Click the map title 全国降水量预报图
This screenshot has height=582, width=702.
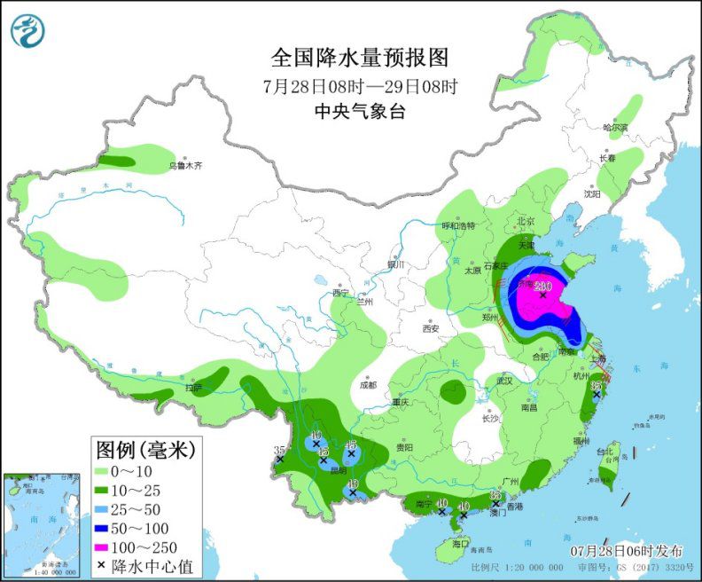[360, 58]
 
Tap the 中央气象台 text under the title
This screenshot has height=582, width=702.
[360, 111]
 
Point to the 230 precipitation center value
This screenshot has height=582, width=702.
[542, 287]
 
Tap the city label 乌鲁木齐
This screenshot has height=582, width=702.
[185, 166]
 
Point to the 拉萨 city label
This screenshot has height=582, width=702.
[194, 388]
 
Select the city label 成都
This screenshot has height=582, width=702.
[369, 385]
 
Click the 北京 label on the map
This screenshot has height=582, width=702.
[526, 221]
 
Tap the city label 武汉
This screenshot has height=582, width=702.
[505, 380]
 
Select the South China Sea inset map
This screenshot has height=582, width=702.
[42, 523]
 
